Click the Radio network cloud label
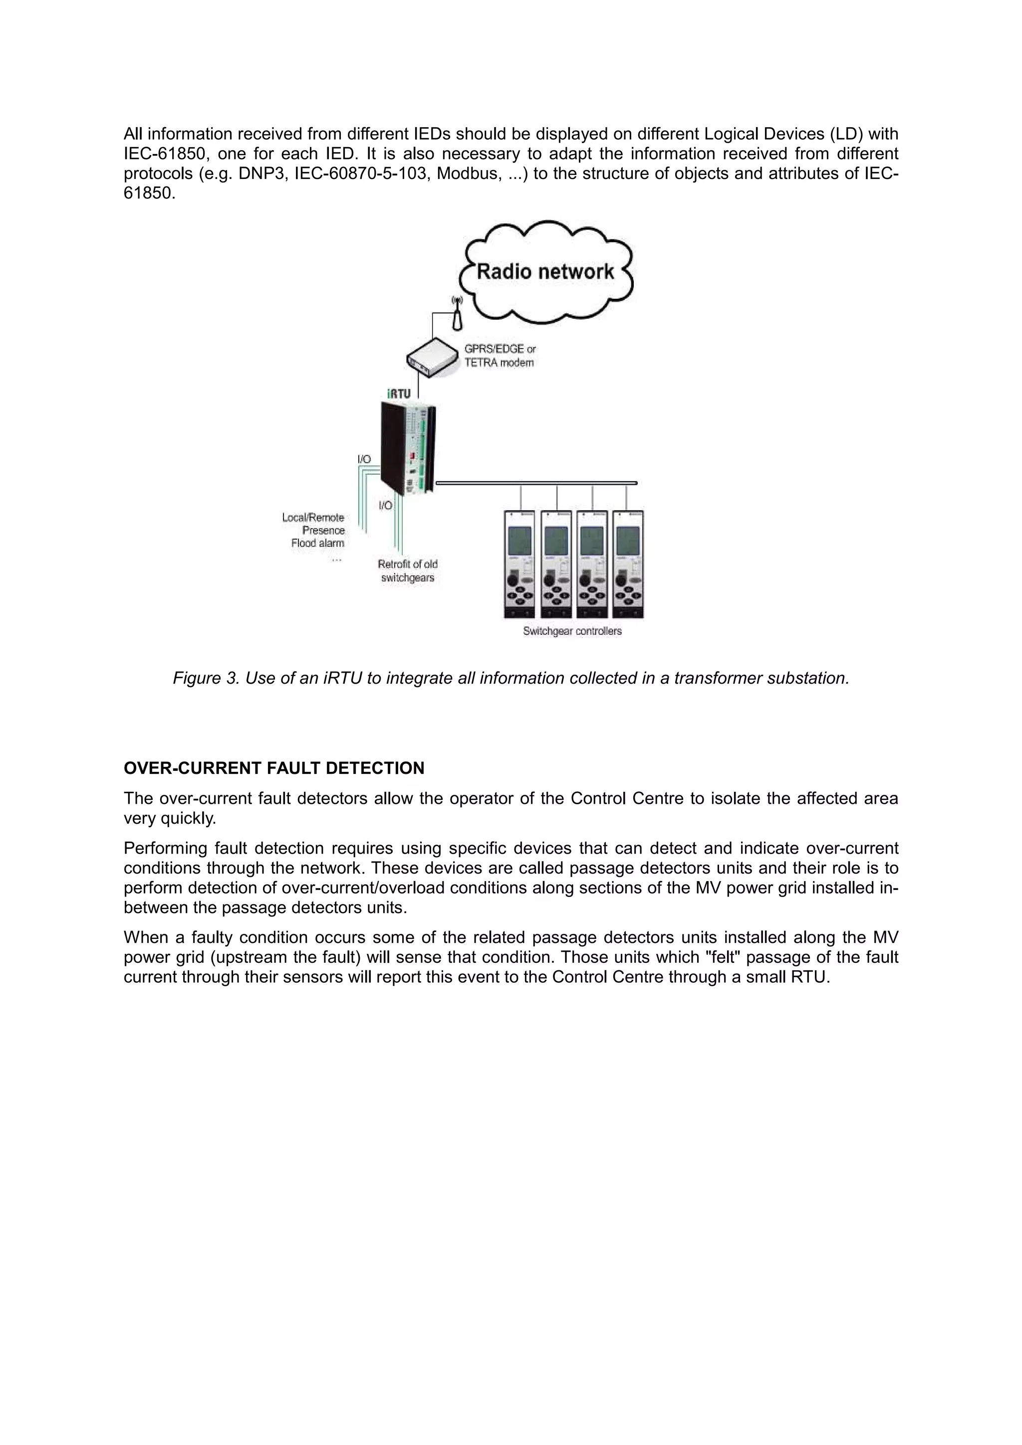(545, 272)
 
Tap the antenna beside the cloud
(458, 315)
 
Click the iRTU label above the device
(399, 394)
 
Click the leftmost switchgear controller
(519, 564)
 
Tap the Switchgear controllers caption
(572, 631)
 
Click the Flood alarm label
(317, 543)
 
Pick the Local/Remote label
(313, 518)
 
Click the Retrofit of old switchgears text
(407, 571)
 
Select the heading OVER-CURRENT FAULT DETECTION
(274, 768)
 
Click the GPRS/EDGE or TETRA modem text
(500, 356)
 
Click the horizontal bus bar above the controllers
(536, 483)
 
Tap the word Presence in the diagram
(324, 531)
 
